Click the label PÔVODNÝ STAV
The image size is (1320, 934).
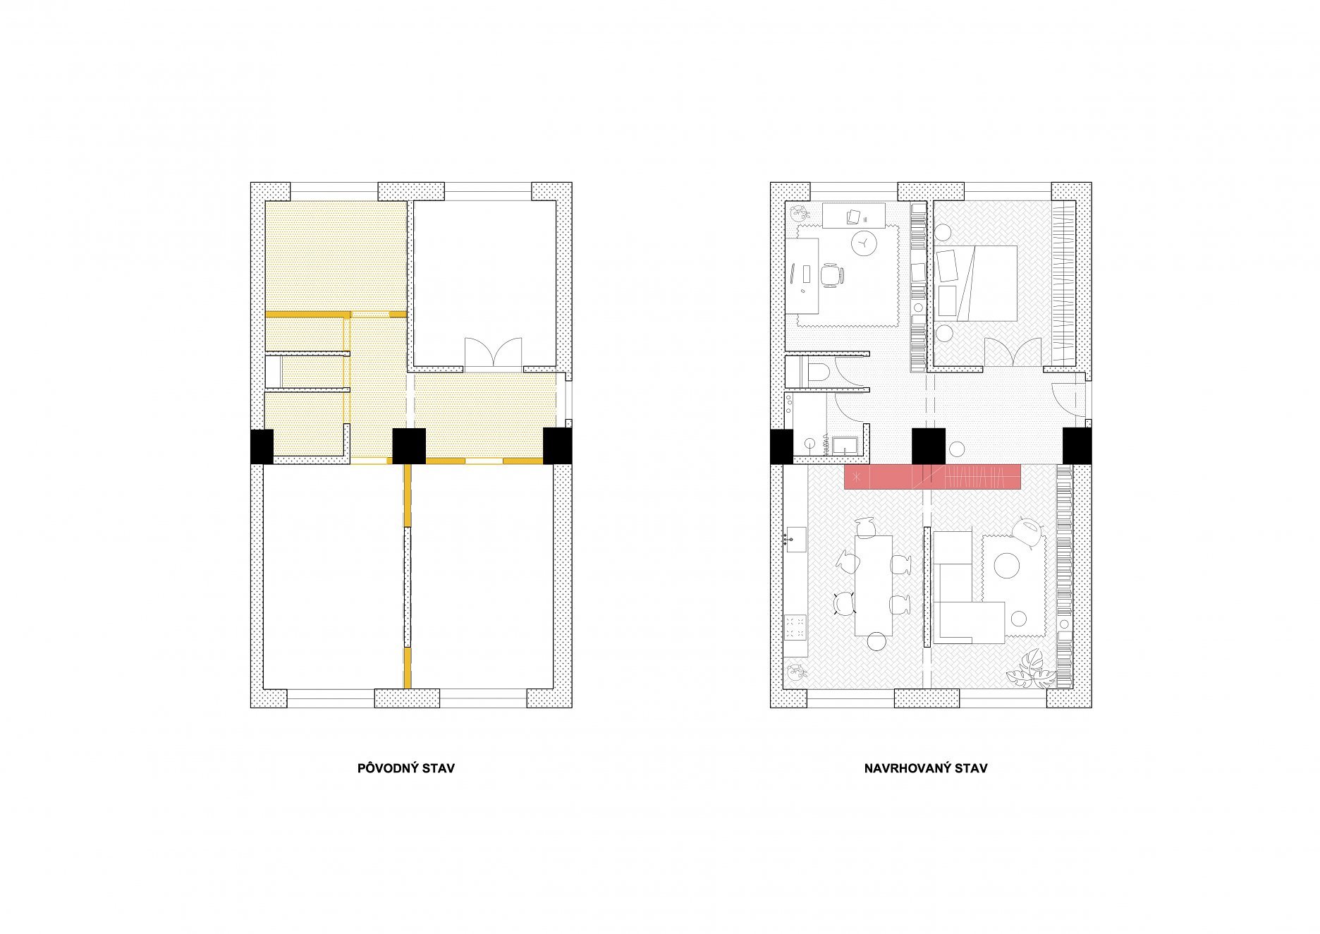coord(406,768)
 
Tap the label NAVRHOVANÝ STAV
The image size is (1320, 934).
coord(926,768)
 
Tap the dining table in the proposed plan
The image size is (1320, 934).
coord(874,586)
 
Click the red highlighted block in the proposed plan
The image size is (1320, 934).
coord(933,477)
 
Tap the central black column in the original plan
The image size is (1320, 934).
coord(409,446)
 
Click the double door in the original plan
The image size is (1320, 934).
coord(492,353)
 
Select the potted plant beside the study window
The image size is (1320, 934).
coord(800,212)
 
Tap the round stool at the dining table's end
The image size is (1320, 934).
coord(876,641)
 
